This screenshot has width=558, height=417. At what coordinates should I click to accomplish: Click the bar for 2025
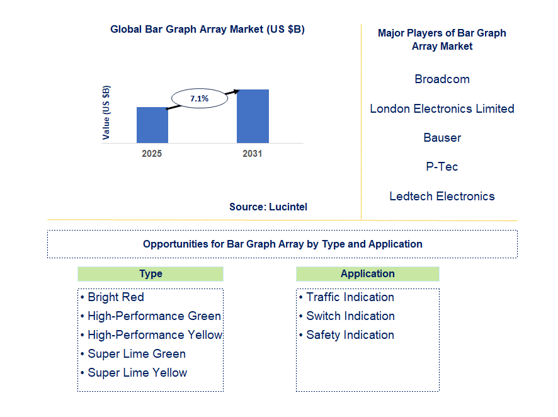coord(152,125)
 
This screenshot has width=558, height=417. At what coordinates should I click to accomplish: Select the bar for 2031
coord(253,116)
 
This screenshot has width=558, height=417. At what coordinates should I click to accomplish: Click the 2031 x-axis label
coord(252,154)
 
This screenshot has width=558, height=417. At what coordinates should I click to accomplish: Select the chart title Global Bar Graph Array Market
coord(207,29)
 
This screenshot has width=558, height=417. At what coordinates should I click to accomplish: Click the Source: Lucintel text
coord(268,207)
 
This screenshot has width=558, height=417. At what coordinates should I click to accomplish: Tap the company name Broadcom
coord(442,79)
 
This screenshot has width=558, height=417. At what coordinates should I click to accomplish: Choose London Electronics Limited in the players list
coord(442,108)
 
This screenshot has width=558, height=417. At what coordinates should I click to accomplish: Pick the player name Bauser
coord(442,137)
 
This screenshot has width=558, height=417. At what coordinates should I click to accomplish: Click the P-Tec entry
coord(442,166)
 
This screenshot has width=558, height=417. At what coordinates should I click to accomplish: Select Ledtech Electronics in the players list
coord(442,196)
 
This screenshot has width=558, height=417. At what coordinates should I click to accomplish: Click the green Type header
coord(151,273)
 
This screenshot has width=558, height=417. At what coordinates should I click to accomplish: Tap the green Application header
coord(367,273)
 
